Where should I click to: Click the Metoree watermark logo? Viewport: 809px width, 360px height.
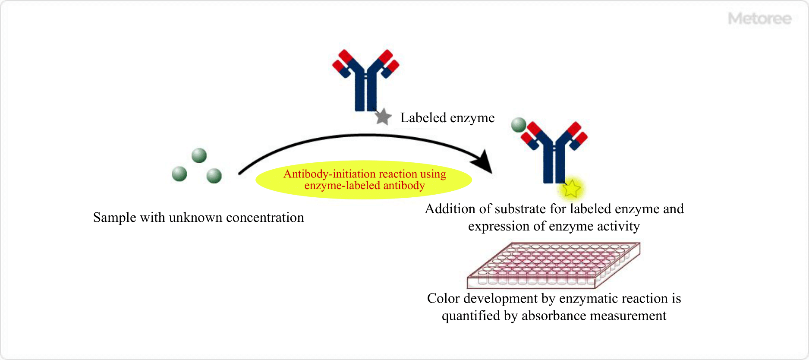pos(759,19)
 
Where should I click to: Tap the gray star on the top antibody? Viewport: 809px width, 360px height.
pos(383,117)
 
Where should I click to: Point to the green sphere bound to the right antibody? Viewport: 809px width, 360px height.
pos(519,125)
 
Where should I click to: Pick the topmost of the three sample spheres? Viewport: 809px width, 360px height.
pos(199,155)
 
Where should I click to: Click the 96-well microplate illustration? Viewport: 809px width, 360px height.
pos(553,265)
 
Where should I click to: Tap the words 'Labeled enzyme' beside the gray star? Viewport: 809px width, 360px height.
pos(447,118)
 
